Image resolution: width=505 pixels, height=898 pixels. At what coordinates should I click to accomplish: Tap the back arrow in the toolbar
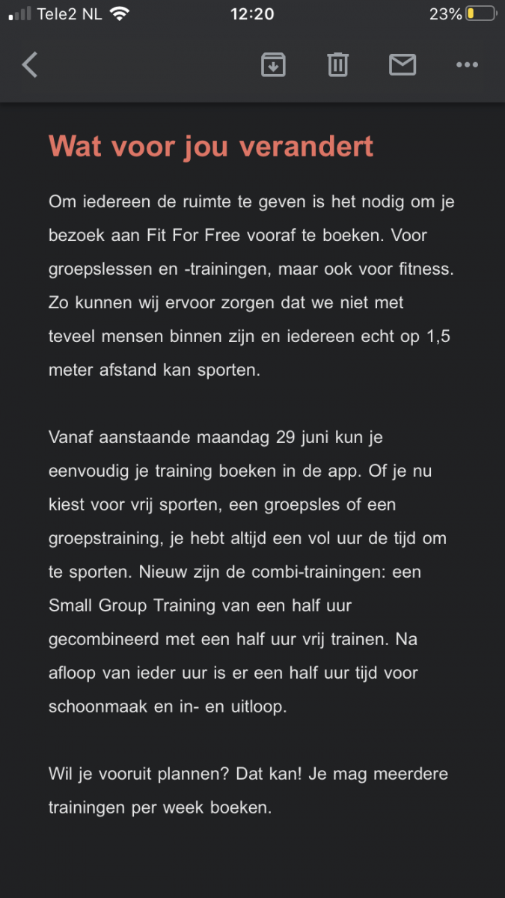(x=30, y=65)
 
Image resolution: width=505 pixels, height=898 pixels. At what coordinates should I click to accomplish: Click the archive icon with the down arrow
(x=273, y=65)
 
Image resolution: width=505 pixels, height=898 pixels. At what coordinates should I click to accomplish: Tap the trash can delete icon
(x=337, y=65)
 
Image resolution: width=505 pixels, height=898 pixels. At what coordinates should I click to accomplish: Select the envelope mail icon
(x=403, y=65)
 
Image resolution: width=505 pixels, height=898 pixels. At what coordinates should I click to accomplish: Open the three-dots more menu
(x=467, y=65)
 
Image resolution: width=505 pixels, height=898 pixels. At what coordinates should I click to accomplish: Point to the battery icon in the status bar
(x=480, y=14)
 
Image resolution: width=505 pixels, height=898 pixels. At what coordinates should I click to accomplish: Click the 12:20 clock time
(x=252, y=14)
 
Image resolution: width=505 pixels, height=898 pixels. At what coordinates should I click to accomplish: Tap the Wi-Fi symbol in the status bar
(x=119, y=13)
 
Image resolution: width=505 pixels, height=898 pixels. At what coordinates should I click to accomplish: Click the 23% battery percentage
(x=445, y=14)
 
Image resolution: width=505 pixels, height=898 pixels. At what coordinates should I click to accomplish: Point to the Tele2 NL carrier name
(x=72, y=14)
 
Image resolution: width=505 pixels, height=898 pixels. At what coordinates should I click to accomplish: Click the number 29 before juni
(x=286, y=437)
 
